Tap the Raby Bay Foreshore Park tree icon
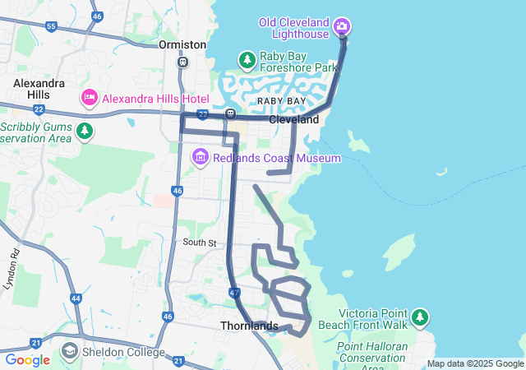coord(247,60)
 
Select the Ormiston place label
coord(182,44)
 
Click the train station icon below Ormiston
coord(182,61)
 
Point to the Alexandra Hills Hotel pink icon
coord(90,98)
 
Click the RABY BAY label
coord(281,100)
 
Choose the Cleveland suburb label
coord(293,119)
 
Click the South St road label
coord(199,243)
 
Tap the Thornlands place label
coord(249,326)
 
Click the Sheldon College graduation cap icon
coord(70,352)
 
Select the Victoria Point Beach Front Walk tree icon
coord(420,317)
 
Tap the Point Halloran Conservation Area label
coord(372,352)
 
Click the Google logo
coord(27,360)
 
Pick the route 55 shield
coord(51,26)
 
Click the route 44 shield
coord(76,299)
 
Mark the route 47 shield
coord(235,292)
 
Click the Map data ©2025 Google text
coord(475,363)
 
